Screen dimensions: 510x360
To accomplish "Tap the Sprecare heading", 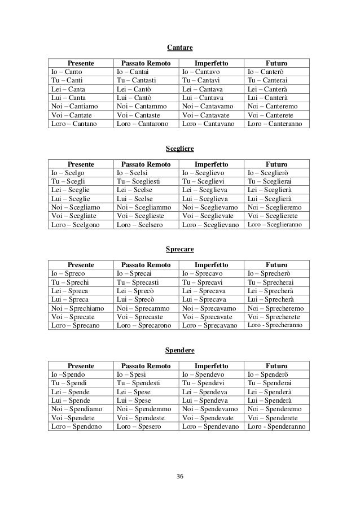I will (180, 249).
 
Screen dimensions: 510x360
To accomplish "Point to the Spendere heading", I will (180, 351).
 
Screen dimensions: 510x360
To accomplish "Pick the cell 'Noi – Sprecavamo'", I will (210, 308).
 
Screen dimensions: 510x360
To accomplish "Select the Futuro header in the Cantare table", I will (276, 62).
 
